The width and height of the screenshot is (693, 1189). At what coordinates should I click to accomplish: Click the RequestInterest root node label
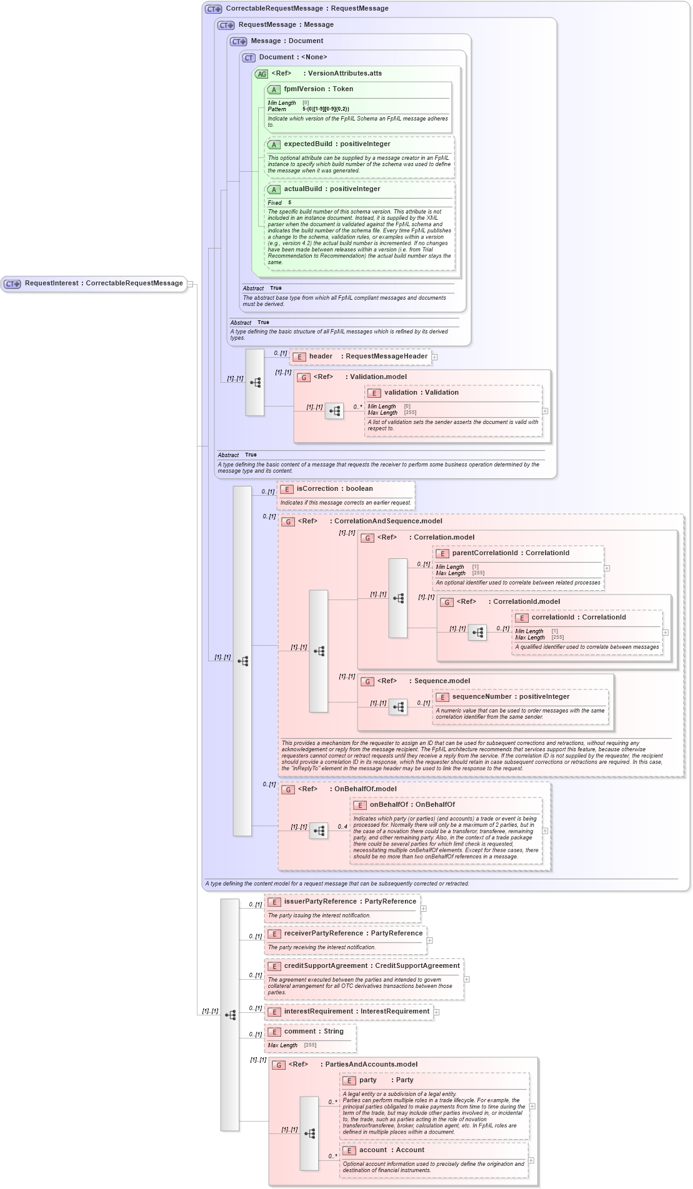point(103,284)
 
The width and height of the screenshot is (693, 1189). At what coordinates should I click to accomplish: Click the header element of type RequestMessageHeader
point(368,357)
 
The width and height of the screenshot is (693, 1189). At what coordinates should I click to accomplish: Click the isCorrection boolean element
point(334,489)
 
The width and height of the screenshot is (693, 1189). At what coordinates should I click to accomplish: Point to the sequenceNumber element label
point(511,697)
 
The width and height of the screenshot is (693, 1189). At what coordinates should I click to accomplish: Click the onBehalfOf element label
point(412,805)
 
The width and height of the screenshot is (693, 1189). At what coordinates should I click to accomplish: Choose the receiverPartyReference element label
point(353,934)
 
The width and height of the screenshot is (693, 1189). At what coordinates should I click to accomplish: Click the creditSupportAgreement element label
point(371,966)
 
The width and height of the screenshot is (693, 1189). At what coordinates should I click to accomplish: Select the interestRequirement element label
point(356,1012)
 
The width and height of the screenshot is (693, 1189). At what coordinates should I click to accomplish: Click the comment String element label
point(314,1032)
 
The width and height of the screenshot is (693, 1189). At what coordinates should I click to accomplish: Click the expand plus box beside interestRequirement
point(436,1012)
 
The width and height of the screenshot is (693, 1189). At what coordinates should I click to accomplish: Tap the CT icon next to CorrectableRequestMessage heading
point(214,9)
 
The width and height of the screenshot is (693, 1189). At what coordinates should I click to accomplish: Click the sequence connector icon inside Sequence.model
point(398,707)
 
